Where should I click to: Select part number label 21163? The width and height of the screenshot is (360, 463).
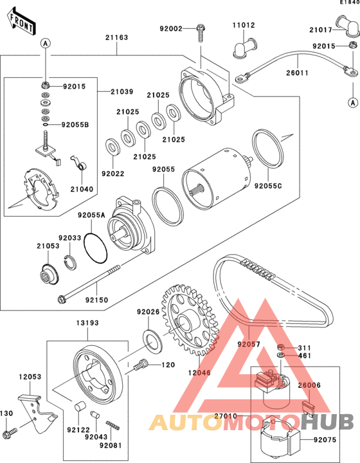click(x=117, y=37)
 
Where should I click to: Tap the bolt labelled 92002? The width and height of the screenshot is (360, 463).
click(x=201, y=33)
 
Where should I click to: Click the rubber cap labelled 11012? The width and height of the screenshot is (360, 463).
click(x=245, y=48)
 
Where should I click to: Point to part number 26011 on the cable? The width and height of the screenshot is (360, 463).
click(x=297, y=73)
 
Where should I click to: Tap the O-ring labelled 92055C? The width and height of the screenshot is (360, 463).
click(x=268, y=149)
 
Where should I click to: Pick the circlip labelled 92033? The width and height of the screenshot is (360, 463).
click(x=71, y=262)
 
